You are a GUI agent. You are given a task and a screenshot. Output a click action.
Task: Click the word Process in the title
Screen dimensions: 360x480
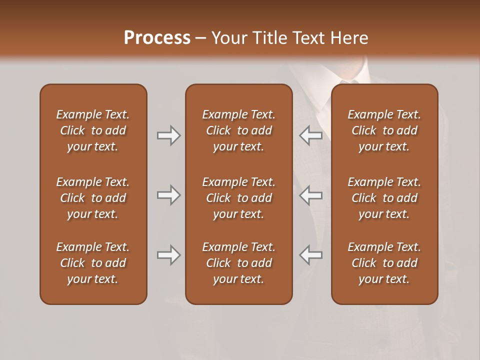click(x=157, y=38)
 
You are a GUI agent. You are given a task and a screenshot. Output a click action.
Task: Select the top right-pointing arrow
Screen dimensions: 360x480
click(x=168, y=135)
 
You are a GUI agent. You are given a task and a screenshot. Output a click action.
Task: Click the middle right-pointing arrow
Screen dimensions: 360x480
click(x=168, y=195)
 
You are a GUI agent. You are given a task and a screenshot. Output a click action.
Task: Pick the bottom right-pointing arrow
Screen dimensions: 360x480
click(x=168, y=255)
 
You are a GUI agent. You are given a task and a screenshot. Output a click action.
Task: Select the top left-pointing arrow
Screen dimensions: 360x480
click(x=311, y=135)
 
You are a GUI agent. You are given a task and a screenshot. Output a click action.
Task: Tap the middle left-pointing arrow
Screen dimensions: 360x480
click(x=311, y=195)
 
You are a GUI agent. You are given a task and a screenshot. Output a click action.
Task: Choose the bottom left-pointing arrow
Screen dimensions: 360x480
click(x=311, y=255)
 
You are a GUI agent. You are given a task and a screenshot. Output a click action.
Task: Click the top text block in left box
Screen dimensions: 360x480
click(x=93, y=130)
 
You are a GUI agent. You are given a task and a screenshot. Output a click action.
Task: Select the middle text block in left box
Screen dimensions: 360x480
click(x=93, y=198)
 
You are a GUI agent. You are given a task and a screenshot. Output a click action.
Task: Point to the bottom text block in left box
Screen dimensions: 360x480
click(x=93, y=263)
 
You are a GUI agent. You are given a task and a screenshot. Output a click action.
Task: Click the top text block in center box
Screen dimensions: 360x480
click(x=238, y=130)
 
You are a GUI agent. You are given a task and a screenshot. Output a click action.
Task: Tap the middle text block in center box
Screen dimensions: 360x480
click(x=238, y=198)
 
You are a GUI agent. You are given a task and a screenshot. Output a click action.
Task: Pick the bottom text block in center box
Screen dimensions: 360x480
click(x=238, y=263)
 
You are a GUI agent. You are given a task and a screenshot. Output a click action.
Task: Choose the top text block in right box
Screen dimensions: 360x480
click(x=384, y=130)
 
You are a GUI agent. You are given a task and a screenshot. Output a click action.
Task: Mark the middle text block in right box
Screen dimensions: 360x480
click(x=384, y=198)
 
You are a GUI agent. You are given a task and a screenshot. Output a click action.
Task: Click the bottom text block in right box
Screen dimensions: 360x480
click(x=384, y=263)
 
